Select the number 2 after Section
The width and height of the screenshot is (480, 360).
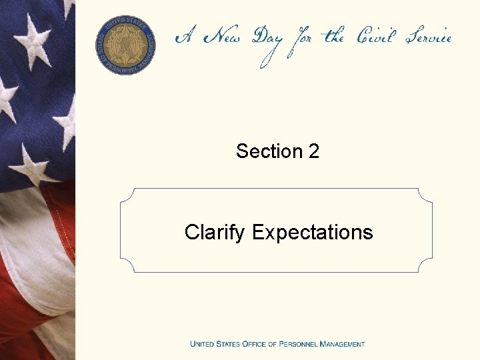click(314, 151)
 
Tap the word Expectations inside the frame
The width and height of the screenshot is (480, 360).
click(313, 233)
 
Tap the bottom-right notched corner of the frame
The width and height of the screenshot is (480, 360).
click(425, 265)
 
